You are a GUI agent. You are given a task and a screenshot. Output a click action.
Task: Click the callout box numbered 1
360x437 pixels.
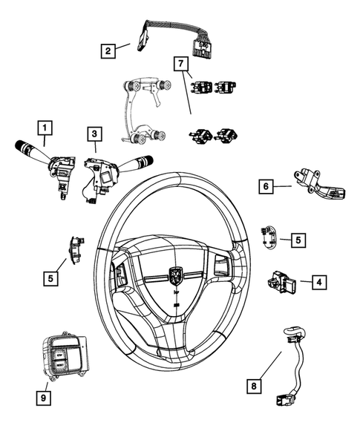click(46, 127)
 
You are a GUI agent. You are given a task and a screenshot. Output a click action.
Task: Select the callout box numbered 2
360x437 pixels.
click(108, 50)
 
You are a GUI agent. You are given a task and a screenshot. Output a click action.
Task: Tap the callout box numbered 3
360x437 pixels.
click(94, 134)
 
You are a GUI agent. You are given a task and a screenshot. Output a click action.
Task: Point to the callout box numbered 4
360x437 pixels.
click(318, 282)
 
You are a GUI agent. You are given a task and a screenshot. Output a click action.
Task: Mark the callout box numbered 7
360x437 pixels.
click(180, 64)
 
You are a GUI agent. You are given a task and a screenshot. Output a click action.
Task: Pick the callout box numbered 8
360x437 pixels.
click(255, 385)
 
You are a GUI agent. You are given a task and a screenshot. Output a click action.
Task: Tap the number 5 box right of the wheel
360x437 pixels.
click(297, 240)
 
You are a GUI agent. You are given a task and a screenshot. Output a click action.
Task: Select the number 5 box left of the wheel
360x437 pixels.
click(49, 278)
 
